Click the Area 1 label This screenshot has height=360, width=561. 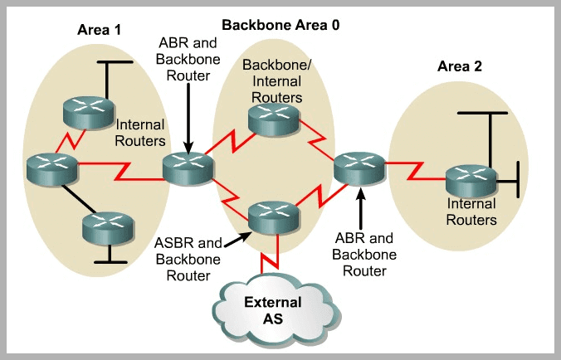98,30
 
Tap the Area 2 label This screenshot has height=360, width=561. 459,66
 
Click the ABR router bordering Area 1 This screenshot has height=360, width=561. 188,168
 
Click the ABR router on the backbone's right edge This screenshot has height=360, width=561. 359,168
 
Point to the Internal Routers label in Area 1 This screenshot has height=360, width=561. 141,133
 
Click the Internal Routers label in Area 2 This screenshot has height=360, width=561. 471,212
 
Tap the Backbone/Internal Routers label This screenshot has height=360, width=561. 271,80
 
